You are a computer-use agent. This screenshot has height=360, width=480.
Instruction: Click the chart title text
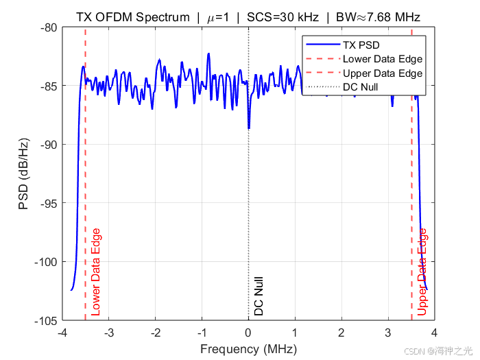pyautogui.click(x=248, y=17)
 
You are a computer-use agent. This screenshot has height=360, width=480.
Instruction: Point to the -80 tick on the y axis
pyautogui.click(x=49, y=28)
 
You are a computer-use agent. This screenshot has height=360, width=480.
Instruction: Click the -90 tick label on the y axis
pyautogui.click(x=49, y=145)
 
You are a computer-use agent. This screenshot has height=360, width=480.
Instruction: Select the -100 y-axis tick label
pyautogui.click(x=46, y=262)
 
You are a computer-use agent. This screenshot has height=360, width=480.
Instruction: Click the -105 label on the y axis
pyautogui.click(x=46, y=321)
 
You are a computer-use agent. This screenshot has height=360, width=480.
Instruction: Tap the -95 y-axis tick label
pyautogui.click(x=49, y=203)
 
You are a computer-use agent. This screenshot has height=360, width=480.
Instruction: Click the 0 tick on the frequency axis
pyautogui.click(x=248, y=333)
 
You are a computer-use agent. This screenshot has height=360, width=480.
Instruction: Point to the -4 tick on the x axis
pyautogui.click(x=62, y=333)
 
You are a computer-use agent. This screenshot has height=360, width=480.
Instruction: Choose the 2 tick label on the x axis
pyautogui.click(x=341, y=333)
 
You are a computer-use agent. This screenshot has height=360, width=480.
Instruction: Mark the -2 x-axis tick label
pyautogui.click(x=156, y=333)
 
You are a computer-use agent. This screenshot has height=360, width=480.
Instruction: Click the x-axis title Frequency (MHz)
pyautogui.click(x=248, y=349)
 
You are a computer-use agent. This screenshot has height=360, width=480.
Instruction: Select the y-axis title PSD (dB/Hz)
pyautogui.click(x=23, y=174)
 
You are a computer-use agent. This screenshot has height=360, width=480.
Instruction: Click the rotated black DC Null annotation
pyautogui.click(x=259, y=296)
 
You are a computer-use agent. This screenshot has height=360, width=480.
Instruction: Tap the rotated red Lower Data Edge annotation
pyautogui.click(x=96, y=272)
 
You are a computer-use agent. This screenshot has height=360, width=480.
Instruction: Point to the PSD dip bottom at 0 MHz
pyautogui.click(x=249, y=129)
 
